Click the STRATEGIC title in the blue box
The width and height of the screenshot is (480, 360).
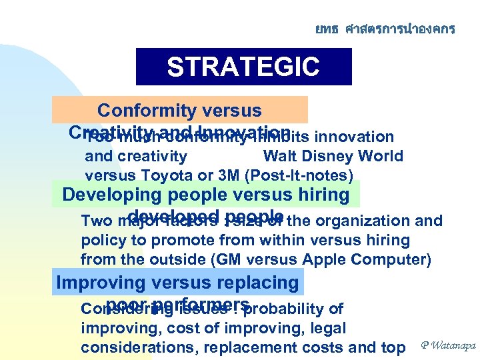(x=243, y=67)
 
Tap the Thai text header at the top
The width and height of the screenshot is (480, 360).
(x=385, y=29)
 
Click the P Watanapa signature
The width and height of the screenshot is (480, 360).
(x=447, y=345)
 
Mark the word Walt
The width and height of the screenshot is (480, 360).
(x=280, y=157)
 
